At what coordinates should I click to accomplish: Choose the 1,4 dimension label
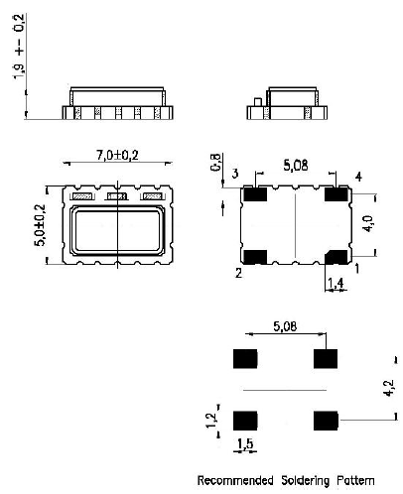(337, 284)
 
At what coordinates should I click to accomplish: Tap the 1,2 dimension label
(207, 420)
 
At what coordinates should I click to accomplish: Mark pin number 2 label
(237, 270)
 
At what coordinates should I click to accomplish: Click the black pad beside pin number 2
(255, 257)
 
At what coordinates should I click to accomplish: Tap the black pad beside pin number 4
(337, 194)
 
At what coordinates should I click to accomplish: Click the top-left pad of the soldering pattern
(243, 358)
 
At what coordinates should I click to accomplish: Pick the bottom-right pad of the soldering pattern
(324, 421)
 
